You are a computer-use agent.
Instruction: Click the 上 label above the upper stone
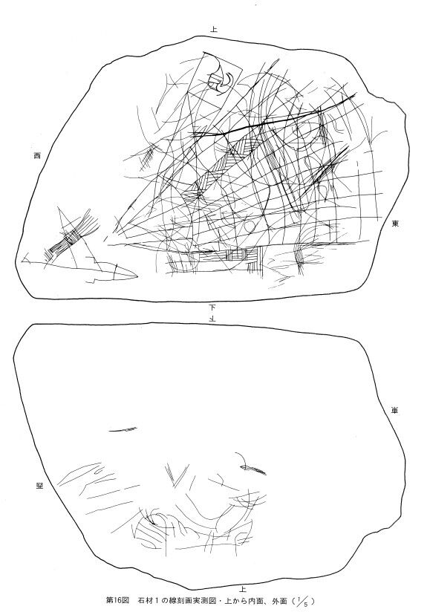click(214, 29)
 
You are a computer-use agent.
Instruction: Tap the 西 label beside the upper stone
click(37, 156)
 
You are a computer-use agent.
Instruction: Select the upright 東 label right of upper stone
click(396, 224)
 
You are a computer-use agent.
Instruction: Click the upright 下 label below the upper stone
click(213, 307)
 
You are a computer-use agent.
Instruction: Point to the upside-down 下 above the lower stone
click(213, 318)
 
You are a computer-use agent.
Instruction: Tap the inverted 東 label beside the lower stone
click(395, 411)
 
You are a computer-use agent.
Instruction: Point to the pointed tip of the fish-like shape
click(137, 276)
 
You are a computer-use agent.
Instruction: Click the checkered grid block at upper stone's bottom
click(243, 255)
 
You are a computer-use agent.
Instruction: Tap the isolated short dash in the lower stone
click(123, 430)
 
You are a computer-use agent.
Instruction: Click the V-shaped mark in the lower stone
click(175, 473)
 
